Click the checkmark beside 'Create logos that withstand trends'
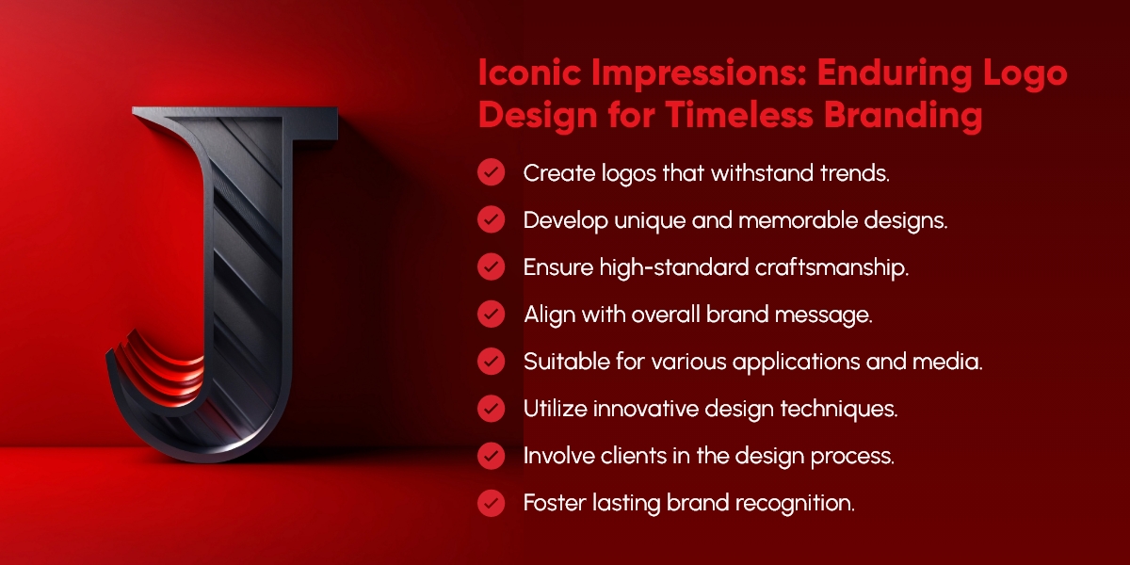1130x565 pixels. click(491, 173)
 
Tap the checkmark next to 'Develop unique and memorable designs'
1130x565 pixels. click(491, 220)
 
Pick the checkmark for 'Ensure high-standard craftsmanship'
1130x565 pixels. click(491, 267)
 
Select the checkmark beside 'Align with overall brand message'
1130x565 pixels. click(491, 315)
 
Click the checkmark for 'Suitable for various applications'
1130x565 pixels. click(491, 362)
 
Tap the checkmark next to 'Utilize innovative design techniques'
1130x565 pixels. click(491, 409)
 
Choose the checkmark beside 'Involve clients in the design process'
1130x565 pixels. click(491, 456)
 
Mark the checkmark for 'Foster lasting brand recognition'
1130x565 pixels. click(491, 503)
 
